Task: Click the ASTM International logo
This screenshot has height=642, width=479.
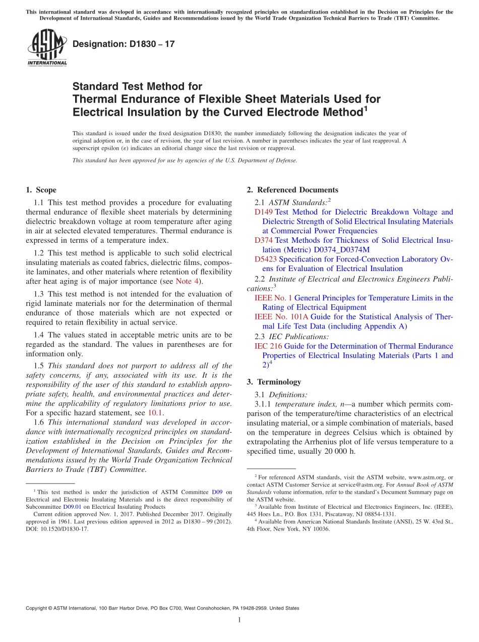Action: click(x=46, y=48)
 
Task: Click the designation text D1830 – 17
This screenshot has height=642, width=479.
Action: click(x=124, y=44)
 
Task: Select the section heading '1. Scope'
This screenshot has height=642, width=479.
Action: click(x=41, y=190)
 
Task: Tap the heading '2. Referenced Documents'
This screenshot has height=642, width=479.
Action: click(x=292, y=190)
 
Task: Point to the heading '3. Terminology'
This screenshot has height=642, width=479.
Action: click(x=274, y=382)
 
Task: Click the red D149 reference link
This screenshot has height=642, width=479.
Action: click(x=264, y=212)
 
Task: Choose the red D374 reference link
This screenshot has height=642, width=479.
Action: click(x=264, y=240)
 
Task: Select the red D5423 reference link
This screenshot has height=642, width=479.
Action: click(x=266, y=259)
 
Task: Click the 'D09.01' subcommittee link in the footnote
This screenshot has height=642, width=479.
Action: click(x=72, y=507)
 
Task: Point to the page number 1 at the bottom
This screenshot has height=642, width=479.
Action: click(x=239, y=620)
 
